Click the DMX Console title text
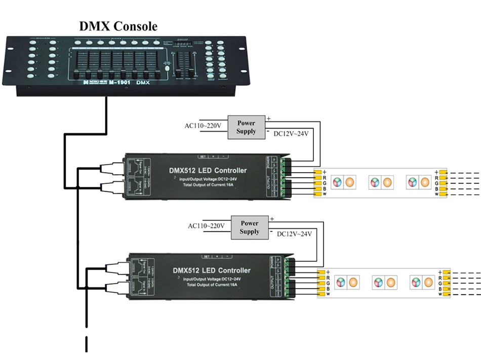(118, 26)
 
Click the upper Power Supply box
(246, 127)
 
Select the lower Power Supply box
(250, 227)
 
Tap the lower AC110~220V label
(207, 225)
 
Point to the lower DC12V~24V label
(294, 234)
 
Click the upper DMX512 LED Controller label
(208, 170)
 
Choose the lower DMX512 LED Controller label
(211, 270)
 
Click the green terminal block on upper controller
(287, 175)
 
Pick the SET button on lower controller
(206, 256)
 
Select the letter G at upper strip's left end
(324, 183)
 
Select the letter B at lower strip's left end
(328, 289)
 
